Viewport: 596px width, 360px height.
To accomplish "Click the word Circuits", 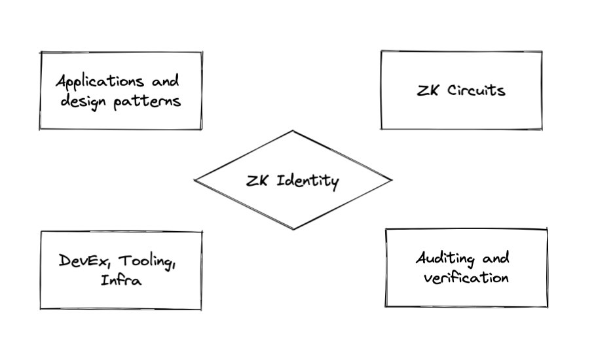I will pos(476,90).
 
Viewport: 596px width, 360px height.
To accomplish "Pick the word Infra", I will pos(121,281).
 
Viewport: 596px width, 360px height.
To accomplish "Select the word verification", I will pos(466,278).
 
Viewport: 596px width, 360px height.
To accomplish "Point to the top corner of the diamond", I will pos(292,131).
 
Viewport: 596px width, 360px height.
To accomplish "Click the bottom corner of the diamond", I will pos(293,229).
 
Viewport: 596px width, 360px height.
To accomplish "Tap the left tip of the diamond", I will pos(195,180).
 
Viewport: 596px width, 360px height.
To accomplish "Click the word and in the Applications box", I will pos(164,82).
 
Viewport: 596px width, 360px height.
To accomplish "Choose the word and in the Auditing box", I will pos(496,258).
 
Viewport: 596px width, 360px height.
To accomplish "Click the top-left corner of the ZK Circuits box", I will pos(381,51).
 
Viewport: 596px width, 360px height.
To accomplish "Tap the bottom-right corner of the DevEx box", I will pos(200,309).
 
